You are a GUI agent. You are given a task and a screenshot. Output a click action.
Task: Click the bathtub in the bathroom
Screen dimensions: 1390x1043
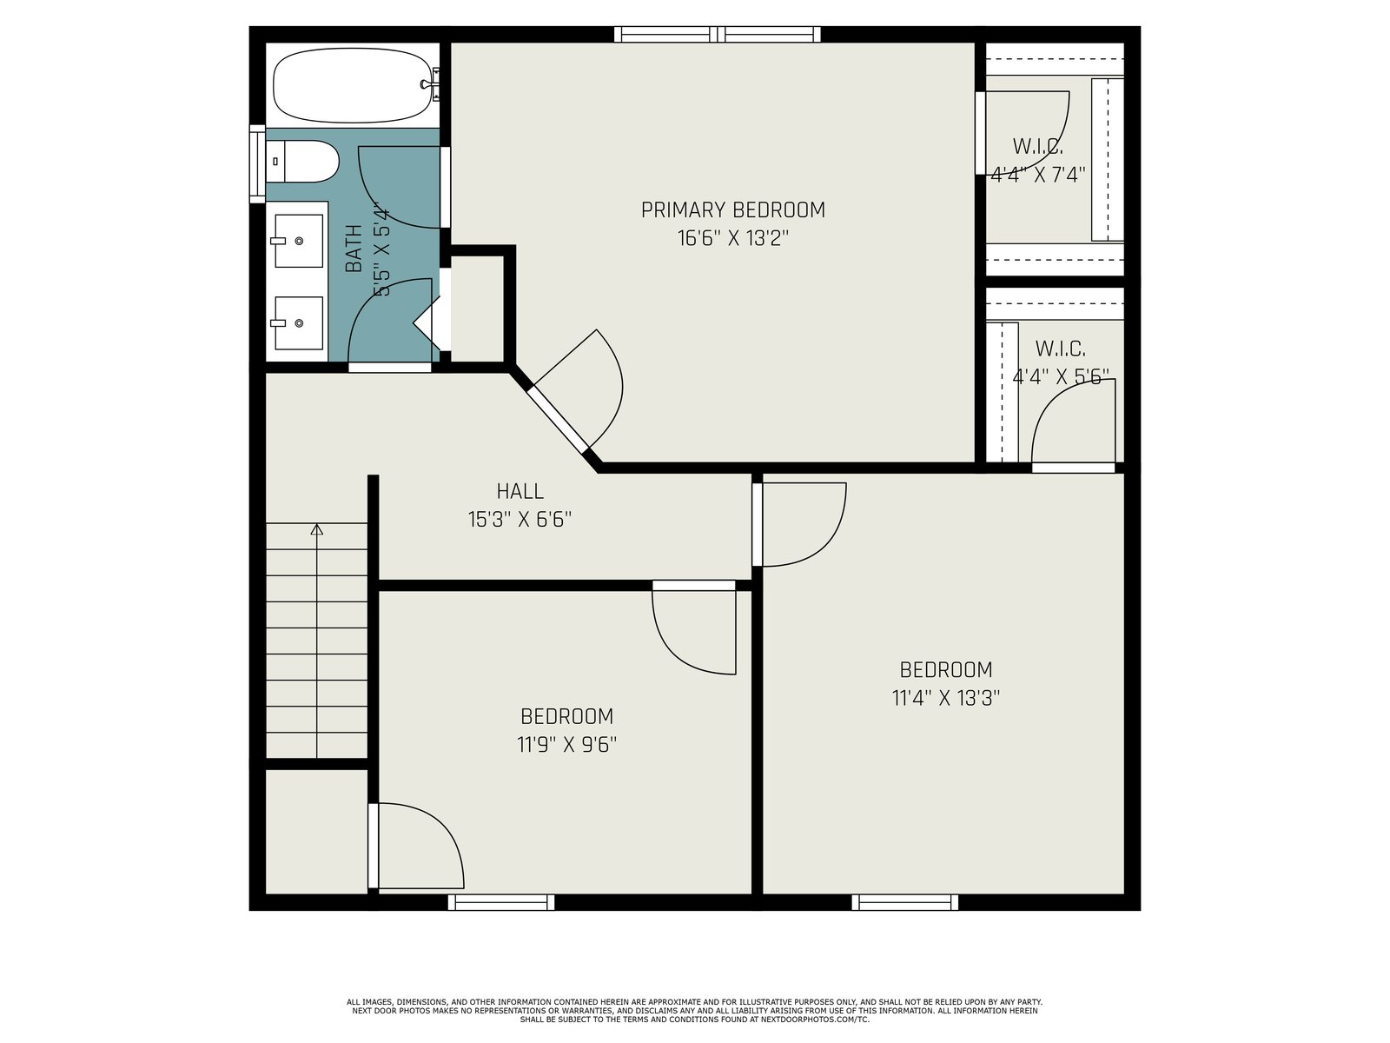coord(356,85)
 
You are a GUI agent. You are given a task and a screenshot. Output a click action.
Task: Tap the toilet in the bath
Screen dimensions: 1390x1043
coord(302,162)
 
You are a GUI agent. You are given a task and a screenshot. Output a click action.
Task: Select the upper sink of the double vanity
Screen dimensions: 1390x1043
coord(299,241)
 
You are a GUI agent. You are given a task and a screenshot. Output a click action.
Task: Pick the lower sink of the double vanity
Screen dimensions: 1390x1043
coord(299,323)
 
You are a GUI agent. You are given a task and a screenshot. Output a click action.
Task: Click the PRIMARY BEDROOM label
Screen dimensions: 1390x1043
coord(732,210)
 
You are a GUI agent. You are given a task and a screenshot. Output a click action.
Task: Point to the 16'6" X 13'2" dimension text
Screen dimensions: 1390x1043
coord(732,239)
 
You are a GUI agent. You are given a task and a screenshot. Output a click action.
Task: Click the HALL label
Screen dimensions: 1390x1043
coord(520,491)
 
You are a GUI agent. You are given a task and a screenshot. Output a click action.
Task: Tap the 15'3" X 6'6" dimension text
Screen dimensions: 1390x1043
coord(520,520)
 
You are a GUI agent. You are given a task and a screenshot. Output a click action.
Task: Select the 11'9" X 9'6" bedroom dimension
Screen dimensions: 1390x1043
coord(566,745)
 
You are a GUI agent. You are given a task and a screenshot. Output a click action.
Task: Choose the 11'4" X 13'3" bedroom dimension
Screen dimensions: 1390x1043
coord(946,698)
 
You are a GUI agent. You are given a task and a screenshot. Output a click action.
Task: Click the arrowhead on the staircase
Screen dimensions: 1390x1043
coord(316,529)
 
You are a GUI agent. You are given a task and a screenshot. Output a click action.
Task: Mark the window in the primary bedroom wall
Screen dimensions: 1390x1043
coord(718,34)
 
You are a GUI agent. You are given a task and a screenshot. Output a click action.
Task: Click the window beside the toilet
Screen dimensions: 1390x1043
coord(257,164)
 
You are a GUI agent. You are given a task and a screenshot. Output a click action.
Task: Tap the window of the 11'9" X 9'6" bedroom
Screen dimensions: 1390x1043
coord(501,902)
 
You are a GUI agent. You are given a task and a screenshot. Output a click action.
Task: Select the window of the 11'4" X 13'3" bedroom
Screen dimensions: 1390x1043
coord(904,902)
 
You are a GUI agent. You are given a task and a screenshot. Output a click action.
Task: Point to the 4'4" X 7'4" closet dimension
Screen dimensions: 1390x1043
coord(1038,175)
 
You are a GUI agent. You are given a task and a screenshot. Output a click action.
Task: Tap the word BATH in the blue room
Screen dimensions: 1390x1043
coord(354,249)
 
